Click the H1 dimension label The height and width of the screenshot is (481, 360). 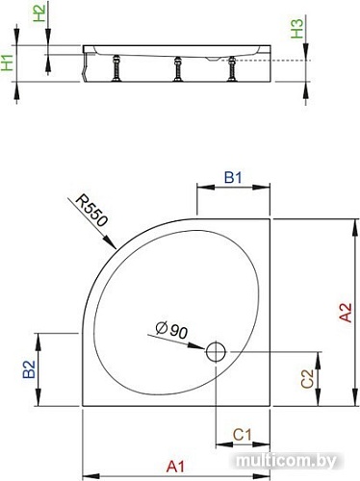click(x=8, y=64)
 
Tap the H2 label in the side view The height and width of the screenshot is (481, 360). click(x=38, y=14)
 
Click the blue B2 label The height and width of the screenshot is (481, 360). click(x=30, y=367)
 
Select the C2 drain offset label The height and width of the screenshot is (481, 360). click(x=306, y=379)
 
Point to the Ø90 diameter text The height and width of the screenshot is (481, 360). click(x=174, y=330)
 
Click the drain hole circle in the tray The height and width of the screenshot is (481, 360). click(x=216, y=351)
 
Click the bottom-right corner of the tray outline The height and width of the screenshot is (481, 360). click(x=272, y=411)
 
